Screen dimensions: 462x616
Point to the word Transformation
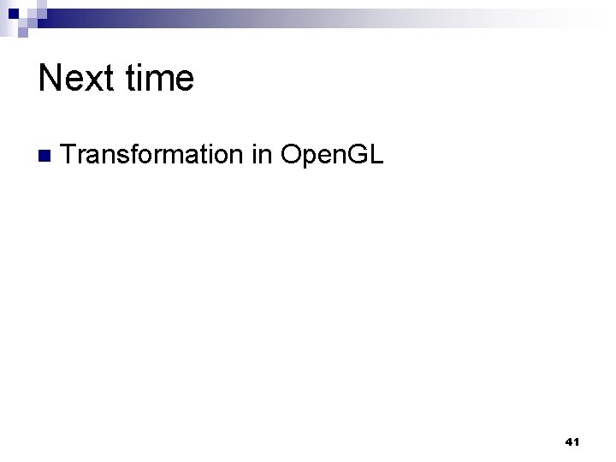(x=152, y=155)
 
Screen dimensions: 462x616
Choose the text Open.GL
(x=333, y=156)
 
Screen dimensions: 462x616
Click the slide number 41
(x=572, y=442)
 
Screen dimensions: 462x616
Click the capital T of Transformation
(x=69, y=155)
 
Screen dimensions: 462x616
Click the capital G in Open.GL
(x=359, y=155)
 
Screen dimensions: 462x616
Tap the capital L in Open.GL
(x=377, y=155)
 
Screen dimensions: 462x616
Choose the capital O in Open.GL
(x=291, y=155)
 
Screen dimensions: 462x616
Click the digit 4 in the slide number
(x=569, y=442)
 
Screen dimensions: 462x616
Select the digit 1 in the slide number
(x=577, y=442)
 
